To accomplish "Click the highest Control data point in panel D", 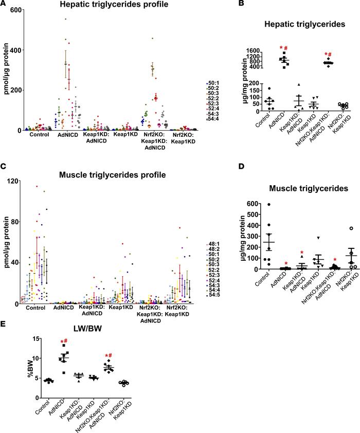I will coord(268,205).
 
